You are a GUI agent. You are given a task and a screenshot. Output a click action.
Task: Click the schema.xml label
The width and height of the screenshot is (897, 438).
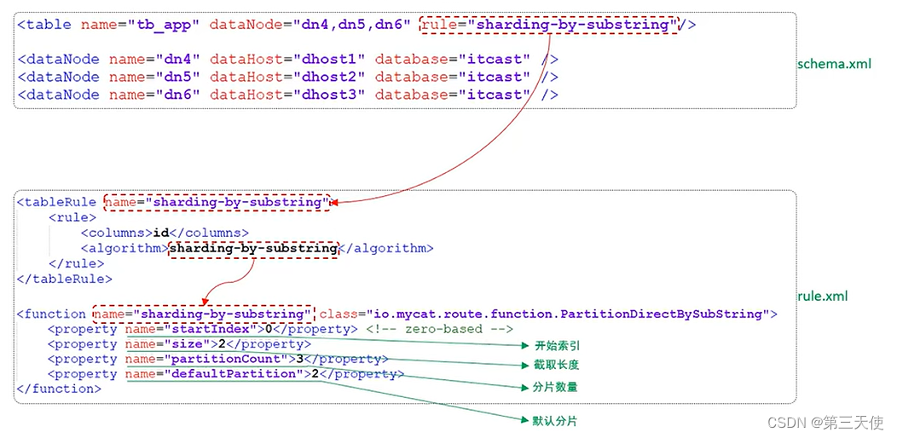point(835,64)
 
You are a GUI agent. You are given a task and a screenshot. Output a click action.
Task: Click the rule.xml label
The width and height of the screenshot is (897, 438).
point(823,297)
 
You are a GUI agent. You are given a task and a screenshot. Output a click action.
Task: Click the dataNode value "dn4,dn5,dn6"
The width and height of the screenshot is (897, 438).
point(352,25)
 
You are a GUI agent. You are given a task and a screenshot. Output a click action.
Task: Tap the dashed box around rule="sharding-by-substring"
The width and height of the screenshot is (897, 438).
point(551,25)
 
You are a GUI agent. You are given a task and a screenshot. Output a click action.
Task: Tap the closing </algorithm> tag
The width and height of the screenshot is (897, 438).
point(387,249)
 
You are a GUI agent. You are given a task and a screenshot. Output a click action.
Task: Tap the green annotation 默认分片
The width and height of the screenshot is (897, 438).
point(555,420)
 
